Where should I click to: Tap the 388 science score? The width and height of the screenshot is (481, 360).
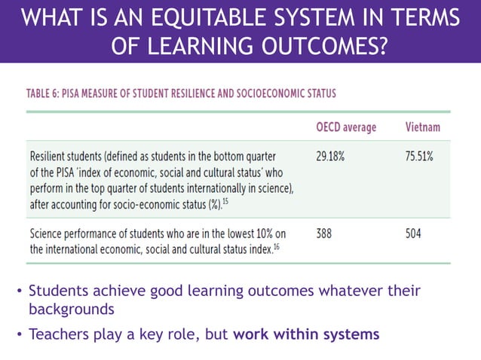325,234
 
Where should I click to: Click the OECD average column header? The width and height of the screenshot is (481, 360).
346,127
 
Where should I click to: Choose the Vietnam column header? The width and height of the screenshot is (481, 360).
423,127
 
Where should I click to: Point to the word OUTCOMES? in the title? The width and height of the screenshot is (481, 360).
323,47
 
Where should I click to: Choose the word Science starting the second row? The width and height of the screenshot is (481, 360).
47,234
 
